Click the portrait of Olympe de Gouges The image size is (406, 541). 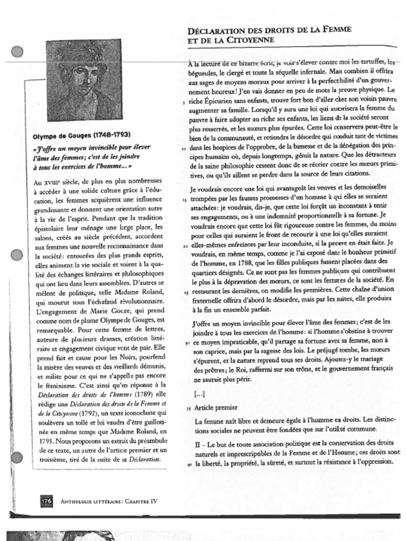[84, 80]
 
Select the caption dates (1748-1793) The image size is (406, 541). [112, 135]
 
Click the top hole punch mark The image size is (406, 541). [17, 52]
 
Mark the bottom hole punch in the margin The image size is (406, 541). [17, 458]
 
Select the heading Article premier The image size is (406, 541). [216, 407]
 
